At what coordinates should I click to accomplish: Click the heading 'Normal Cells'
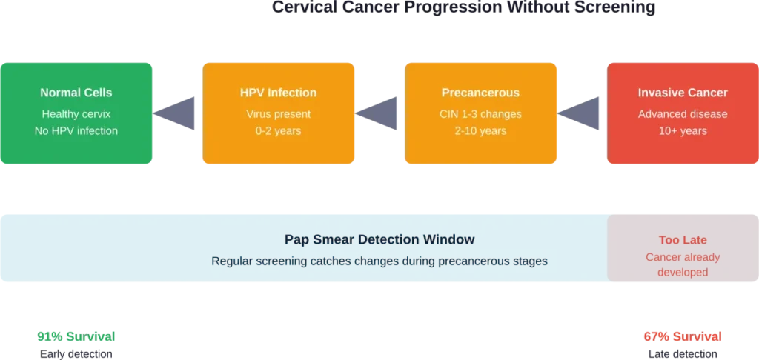click(76, 93)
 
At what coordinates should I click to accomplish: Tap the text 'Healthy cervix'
click(76, 114)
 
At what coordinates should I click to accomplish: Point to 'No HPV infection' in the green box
click(76, 130)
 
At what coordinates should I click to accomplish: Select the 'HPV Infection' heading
click(278, 93)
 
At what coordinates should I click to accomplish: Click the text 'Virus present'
click(278, 114)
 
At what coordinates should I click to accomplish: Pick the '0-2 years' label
click(278, 130)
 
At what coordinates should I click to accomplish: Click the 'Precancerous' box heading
click(480, 93)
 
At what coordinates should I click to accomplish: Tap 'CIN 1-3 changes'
click(480, 114)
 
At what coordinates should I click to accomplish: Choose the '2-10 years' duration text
click(480, 130)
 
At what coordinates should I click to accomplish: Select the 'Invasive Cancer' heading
click(683, 93)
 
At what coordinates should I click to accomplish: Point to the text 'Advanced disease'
click(683, 114)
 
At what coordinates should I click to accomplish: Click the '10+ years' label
click(683, 130)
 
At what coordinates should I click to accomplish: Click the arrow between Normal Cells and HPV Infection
click(176, 113)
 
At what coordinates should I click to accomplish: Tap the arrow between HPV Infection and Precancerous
click(378, 113)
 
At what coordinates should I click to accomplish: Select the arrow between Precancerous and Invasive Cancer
click(580, 113)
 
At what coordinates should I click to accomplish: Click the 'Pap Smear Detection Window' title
click(379, 240)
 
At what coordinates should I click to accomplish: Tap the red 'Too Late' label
click(683, 240)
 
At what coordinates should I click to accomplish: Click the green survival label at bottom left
click(76, 336)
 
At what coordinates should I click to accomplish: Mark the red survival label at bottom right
click(683, 336)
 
